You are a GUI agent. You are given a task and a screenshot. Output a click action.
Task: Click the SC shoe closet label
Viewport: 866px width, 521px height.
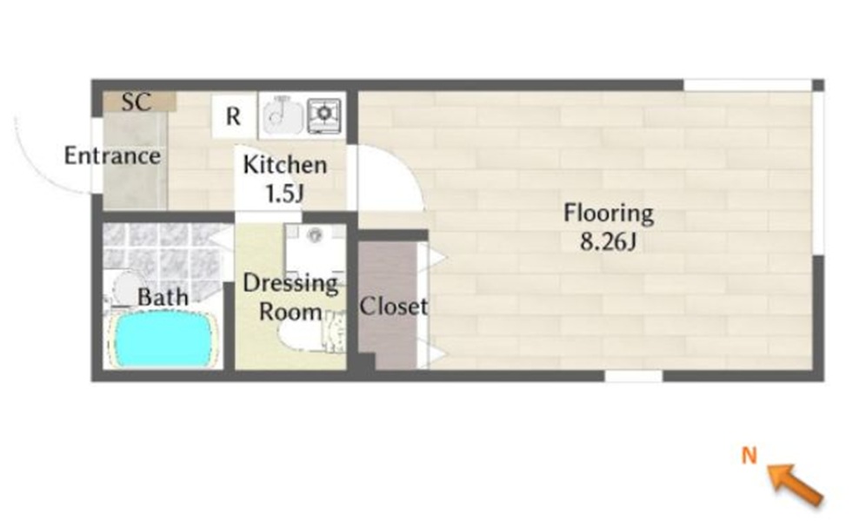(x=136, y=102)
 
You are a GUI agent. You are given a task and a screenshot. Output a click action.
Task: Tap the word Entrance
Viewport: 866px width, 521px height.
(x=113, y=155)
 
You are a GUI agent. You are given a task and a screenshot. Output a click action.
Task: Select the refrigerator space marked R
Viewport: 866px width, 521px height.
(x=234, y=116)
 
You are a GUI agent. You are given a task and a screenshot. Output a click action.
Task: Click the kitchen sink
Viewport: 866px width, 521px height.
(x=282, y=115)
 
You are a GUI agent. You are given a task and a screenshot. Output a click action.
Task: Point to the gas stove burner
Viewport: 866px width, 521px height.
(x=324, y=115)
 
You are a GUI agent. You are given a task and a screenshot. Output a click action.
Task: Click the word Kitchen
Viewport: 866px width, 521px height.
(x=285, y=165)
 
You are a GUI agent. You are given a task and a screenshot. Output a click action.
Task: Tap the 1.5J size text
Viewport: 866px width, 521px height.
(x=285, y=194)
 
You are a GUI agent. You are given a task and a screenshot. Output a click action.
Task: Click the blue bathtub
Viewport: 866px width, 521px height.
(x=162, y=339)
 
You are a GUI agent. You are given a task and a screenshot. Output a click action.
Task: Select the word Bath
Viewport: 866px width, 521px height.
(x=163, y=297)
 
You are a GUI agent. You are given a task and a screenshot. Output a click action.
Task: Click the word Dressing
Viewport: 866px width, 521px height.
(x=290, y=284)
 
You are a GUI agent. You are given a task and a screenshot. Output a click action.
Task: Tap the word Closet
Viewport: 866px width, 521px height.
(x=393, y=306)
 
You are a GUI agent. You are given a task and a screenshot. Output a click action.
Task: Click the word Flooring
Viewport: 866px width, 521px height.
(x=609, y=214)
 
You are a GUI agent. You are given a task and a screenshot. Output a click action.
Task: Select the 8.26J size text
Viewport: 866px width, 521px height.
(x=609, y=241)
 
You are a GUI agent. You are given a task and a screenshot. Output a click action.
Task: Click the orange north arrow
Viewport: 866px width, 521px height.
(x=796, y=484)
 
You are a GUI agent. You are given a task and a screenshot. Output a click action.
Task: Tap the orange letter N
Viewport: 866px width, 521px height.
(x=749, y=455)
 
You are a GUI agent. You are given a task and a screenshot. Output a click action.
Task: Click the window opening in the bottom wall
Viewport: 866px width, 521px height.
(x=634, y=376)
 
